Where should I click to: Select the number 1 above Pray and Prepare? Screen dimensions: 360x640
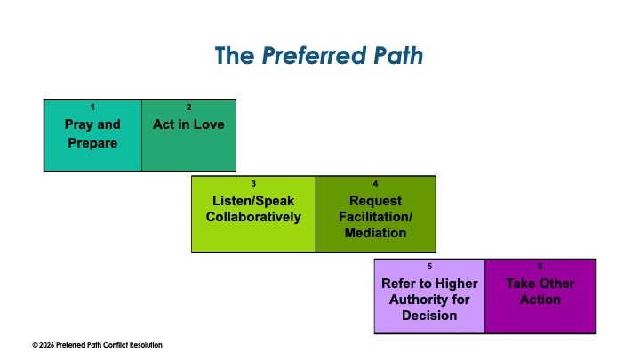[92, 108]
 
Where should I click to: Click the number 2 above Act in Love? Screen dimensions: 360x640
[188, 108]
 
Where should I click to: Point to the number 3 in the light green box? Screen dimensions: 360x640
[253, 184]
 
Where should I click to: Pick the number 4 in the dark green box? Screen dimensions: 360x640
[376, 184]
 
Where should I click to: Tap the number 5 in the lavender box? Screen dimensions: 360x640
[429, 266]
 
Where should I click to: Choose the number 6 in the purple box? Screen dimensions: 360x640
[540, 266]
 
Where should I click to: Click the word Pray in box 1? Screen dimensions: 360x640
[79, 124]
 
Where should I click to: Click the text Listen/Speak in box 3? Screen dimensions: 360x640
[253, 200]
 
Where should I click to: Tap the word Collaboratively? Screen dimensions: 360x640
[253, 217]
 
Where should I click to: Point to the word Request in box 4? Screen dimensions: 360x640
[376, 201]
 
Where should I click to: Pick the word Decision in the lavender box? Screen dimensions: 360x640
[429, 316]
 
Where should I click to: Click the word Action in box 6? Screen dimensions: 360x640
[540, 300]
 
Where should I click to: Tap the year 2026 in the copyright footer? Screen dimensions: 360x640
[48, 345]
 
